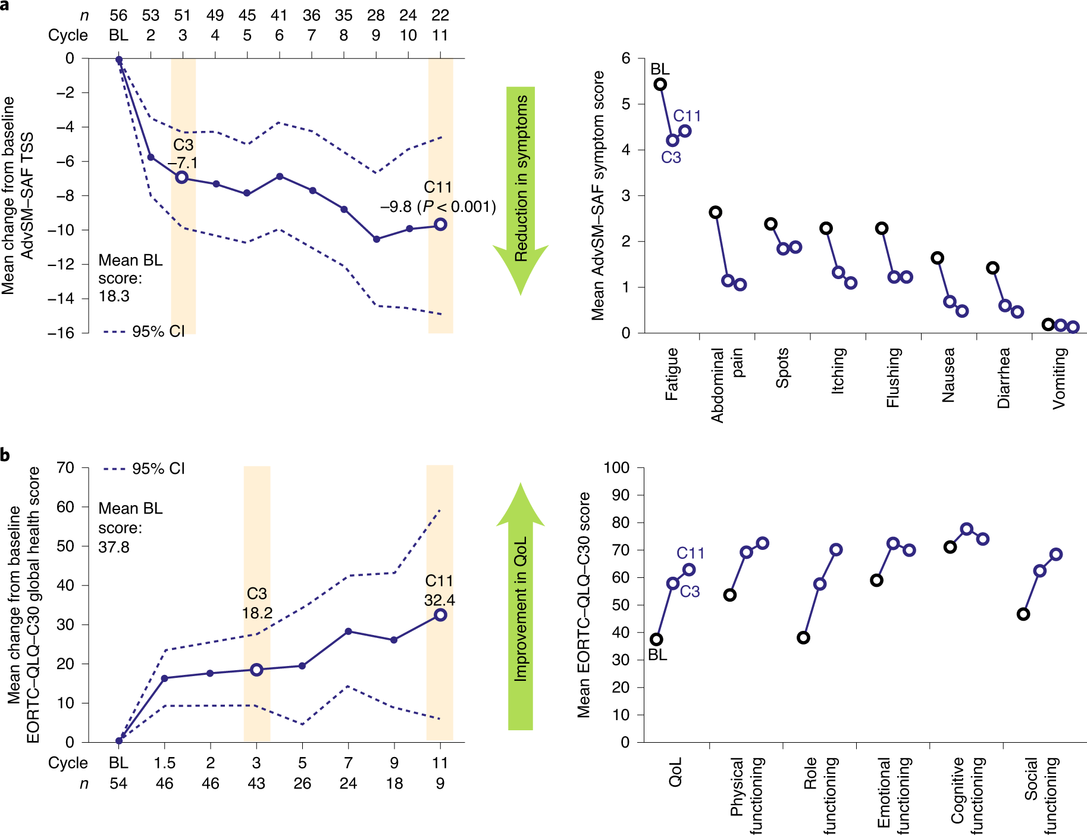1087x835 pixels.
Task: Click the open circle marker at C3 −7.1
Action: [182, 177]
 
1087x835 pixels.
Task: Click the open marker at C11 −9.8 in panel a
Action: [440, 224]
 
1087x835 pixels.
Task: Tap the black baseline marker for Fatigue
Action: [660, 85]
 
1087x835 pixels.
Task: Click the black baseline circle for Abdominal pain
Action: [716, 212]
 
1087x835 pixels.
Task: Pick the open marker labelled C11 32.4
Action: [440, 615]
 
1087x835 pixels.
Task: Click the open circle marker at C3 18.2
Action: [256, 670]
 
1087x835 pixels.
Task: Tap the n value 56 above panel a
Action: [118, 15]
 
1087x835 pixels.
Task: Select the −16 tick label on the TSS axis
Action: [61, 333]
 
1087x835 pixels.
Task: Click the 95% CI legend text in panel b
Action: [158, 469]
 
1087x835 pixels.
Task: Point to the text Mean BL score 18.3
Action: [130, 278]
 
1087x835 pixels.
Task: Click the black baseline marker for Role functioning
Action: [803, 637]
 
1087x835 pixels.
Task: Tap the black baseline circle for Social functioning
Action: [1023, 614]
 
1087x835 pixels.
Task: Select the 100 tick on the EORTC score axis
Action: [616, 468]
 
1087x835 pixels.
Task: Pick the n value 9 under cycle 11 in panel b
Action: [440, 784]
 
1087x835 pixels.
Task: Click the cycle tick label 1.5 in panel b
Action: [165, 763]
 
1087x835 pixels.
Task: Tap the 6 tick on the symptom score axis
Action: [626, 58]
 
